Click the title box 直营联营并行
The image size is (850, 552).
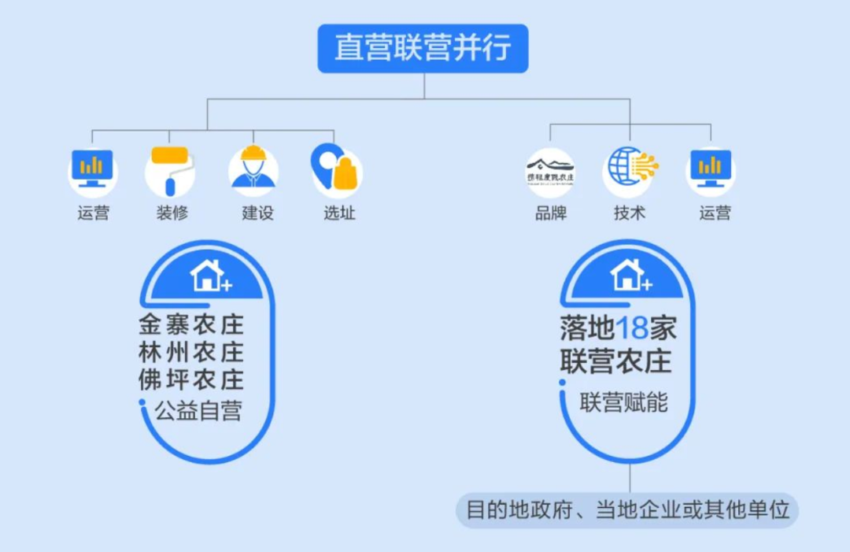click(423, 48)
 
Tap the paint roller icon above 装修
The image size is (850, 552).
click(169, 170)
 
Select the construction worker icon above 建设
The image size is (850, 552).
click(253, 170)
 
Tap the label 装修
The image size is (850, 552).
click(172, 213)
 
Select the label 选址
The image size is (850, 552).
click(339, 213)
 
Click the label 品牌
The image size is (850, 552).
click(550, 213)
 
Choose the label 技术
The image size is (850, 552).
click(629, 213)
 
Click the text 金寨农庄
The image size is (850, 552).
click(191, 324)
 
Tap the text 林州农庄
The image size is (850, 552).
click(191, 352)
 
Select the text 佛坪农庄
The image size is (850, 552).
click(191, 380)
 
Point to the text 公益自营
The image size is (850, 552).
click(198, 410)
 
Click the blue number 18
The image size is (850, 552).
click(631, 328)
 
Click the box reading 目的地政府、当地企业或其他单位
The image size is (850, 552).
click(627, 510)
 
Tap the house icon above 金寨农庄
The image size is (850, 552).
click(209, 276)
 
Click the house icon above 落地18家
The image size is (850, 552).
click(629, 275)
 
